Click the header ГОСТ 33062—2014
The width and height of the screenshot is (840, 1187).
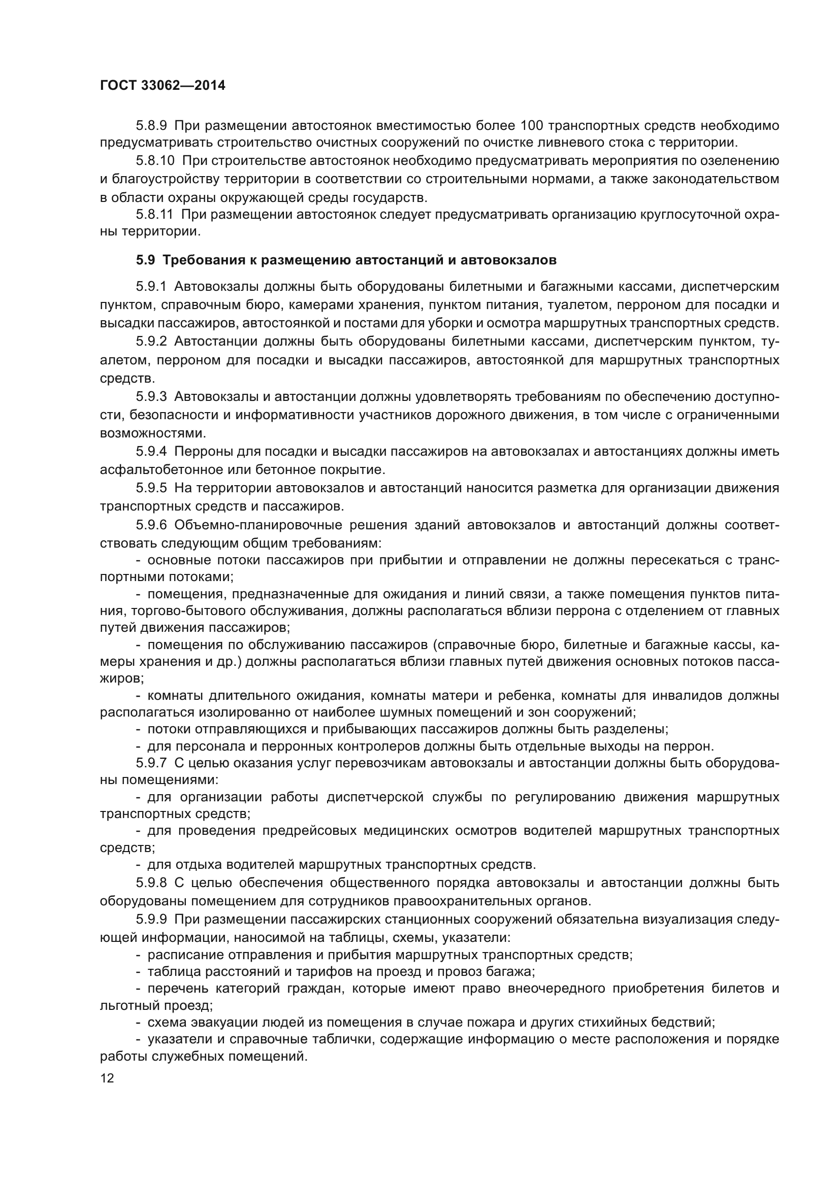tap(163, 86)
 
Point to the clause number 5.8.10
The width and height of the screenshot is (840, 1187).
tap(155, 161)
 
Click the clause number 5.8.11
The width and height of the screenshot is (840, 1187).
tap(155, 214)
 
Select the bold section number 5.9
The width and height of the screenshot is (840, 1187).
tap(145, 260)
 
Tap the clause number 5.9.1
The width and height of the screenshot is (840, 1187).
tap(151, 287)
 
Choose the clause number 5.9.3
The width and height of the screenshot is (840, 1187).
tap(151, 396)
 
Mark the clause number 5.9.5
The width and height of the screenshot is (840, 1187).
tap(151, 488)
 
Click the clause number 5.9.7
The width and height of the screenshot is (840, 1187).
tap(151, 763)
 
